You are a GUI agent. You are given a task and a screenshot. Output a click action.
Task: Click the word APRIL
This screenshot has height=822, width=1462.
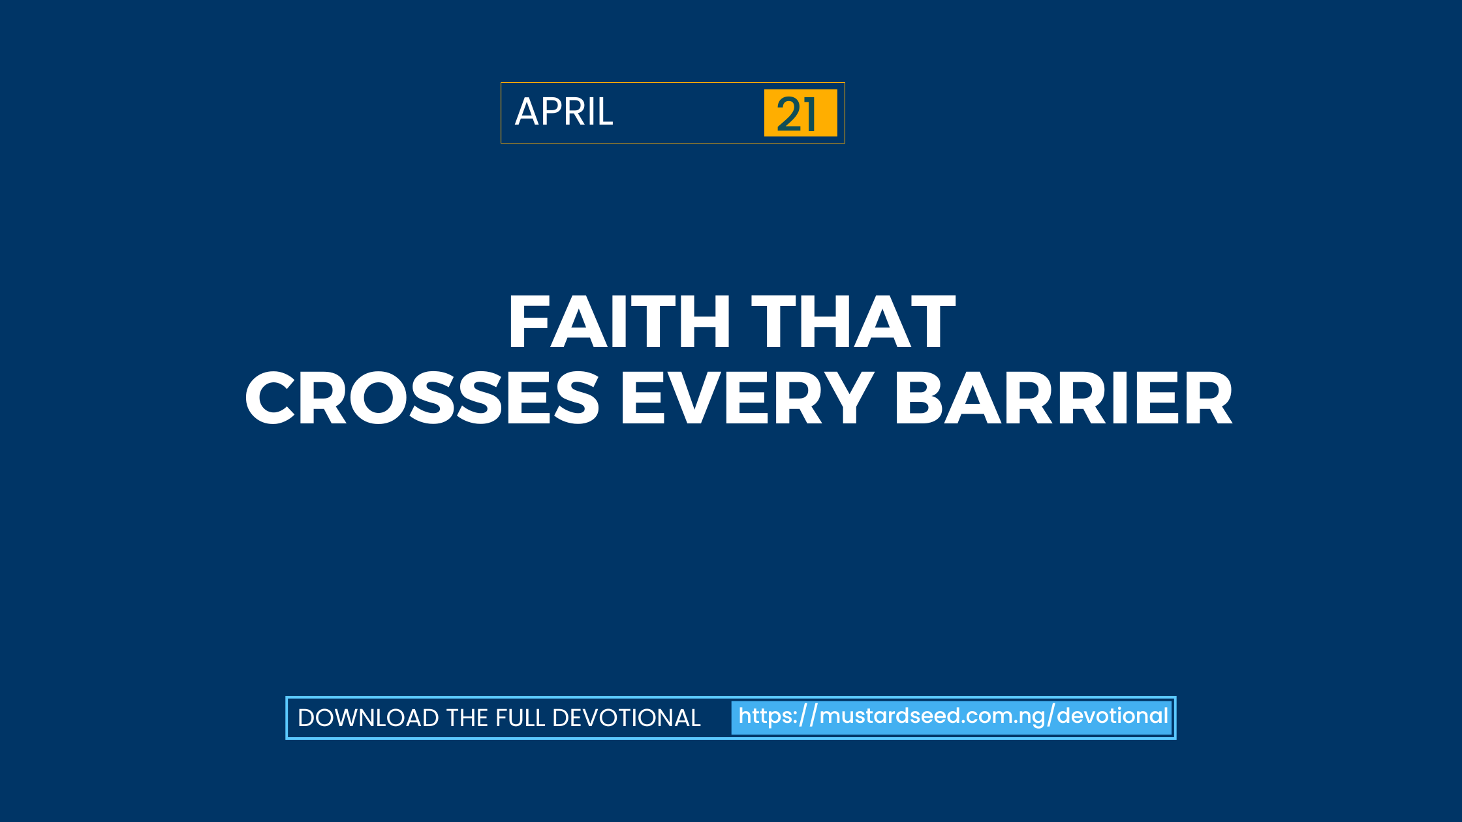click(x=564, y=112)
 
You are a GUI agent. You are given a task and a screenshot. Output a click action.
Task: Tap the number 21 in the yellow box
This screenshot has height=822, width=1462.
click(x=796, y=114)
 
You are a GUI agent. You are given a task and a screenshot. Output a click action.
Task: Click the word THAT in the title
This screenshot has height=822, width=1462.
click(x=854, y=322)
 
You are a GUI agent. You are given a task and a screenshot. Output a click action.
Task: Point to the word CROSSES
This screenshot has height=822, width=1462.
click(x=422, y=398)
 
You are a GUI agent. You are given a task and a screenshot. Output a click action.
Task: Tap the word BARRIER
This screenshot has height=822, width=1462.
click(x=1064, y=398)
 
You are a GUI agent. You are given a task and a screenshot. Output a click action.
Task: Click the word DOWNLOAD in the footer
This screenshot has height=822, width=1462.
click(x=368, y=718)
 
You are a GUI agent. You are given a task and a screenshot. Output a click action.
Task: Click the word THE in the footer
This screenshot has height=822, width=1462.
click(x=467, y=718)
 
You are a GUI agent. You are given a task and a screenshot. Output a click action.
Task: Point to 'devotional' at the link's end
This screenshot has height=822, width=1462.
click(x=1112, y=716)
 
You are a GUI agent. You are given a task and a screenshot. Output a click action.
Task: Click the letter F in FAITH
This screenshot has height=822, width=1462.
click(x=528, y=322)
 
